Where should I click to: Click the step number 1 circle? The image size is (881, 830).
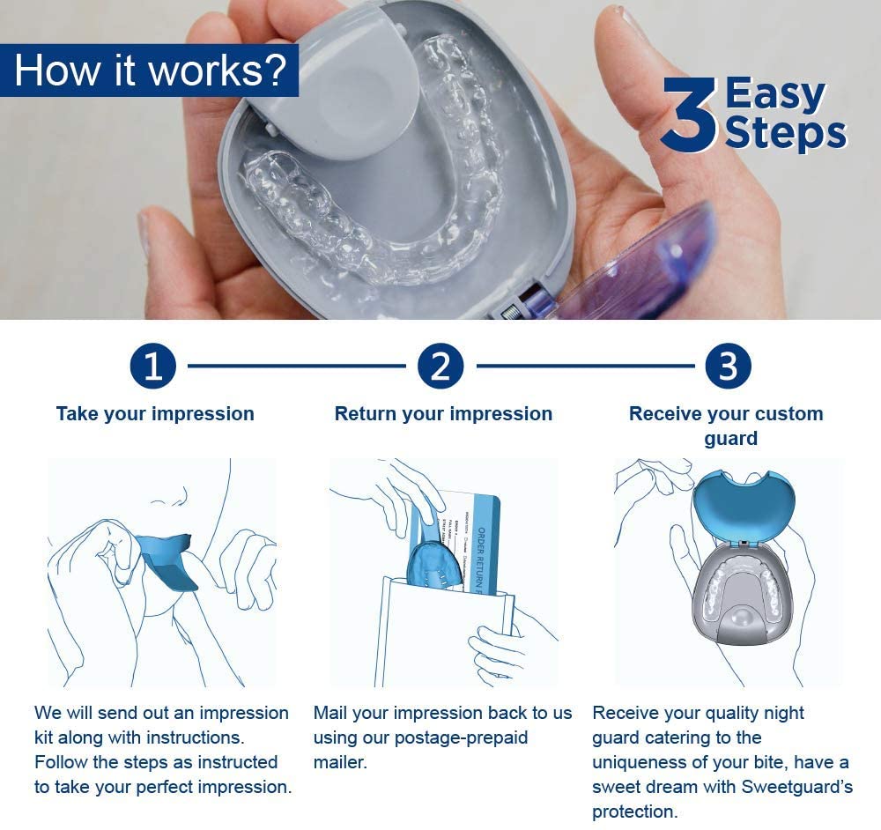(154, 366)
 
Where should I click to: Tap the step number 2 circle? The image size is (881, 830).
(440, 366)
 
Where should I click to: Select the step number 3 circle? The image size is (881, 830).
(727, 366)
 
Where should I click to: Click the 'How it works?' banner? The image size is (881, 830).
(150, 70)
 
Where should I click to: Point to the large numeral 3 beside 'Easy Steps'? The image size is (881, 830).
(690, 115)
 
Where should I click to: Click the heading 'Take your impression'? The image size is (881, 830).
(155, 414)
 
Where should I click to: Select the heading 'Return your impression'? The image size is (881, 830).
(443, 414)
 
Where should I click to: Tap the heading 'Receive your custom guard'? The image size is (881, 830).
(726, 426)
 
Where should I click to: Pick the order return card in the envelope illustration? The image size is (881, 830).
(471, 537)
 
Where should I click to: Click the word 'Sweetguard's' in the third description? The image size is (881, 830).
(796, 787)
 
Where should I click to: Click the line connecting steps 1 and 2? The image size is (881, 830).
(297, 366)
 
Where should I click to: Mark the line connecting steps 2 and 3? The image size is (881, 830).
(584, 366)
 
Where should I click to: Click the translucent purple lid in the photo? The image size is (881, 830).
(643, 264)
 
